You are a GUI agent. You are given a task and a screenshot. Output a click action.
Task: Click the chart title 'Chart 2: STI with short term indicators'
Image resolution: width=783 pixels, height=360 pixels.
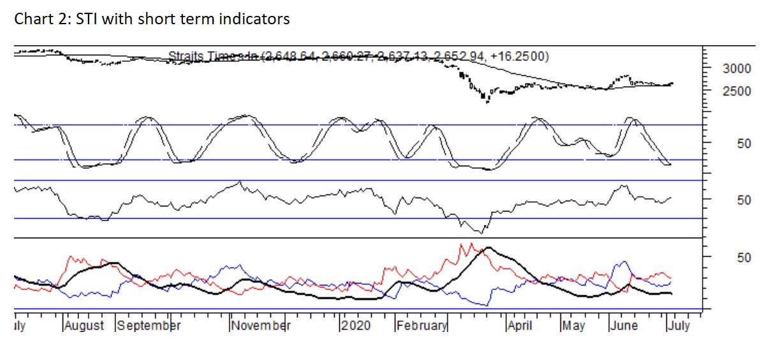152,19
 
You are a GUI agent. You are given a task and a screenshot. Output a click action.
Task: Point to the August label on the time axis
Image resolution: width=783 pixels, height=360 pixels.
85,326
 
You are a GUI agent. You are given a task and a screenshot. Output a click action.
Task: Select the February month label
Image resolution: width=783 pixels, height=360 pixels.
422,326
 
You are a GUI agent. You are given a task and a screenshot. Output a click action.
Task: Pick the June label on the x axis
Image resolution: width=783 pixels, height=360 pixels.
624,326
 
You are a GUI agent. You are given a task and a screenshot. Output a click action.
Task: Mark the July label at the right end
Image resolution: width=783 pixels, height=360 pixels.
678,326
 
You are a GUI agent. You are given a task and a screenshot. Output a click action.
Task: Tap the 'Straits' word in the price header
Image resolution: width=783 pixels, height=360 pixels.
185,56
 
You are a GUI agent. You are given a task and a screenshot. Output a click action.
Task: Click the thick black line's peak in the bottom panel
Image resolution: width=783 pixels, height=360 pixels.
488,247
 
